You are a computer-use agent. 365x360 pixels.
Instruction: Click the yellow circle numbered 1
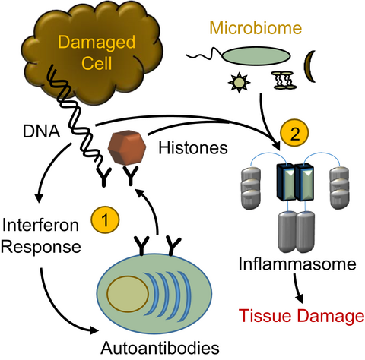click(105, 219)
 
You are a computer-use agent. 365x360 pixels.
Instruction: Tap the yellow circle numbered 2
click(294, 133)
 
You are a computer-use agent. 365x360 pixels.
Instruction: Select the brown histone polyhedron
click(127, 148)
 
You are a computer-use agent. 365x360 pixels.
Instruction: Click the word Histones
click(193, 147)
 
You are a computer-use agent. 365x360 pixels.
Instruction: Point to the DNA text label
click(41, 131)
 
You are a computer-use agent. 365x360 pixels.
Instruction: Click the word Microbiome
click(255, 28)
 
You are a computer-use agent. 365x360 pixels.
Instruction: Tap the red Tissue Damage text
click(301, 316)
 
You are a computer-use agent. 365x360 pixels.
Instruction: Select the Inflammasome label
click(297, 264)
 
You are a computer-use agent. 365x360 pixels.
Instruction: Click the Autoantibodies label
click(160, 348)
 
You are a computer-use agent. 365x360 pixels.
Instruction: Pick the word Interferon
click(40, 225)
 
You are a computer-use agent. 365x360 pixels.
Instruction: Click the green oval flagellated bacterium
click(256, 56)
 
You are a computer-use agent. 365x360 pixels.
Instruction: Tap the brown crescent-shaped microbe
click(309, 66)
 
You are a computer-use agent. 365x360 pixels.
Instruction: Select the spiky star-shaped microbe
click(239, 82)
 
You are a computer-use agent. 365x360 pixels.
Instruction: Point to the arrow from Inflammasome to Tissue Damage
click(297, 288)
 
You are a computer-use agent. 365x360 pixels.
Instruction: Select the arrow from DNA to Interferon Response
click(49, 167)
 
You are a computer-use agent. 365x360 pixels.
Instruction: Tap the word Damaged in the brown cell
click(97, 43)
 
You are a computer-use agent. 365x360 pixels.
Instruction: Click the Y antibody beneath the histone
click(130, 175)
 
